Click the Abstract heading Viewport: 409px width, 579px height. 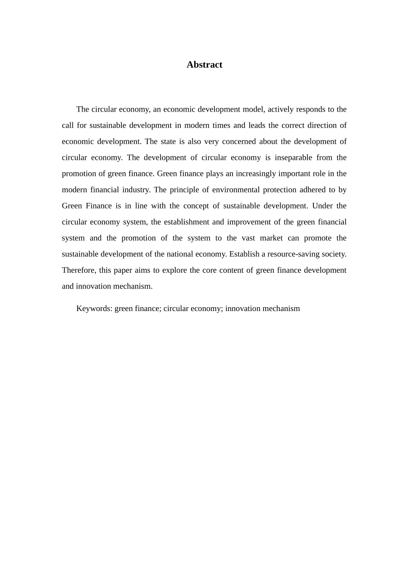(x=204, y=65)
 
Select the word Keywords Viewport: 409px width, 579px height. (x=94, y=308)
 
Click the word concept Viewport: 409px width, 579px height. (x=196, y=206)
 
